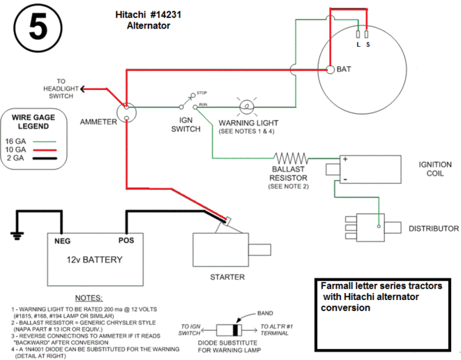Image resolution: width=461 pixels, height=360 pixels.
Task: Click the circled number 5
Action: pos(38,28)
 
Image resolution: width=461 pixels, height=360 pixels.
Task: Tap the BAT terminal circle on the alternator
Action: pos(331,70)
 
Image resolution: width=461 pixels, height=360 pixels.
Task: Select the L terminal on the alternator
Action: pos(358,34)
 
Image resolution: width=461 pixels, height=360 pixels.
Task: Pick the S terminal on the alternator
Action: pos(366,34)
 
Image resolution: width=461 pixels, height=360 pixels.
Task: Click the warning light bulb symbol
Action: pos(247,107)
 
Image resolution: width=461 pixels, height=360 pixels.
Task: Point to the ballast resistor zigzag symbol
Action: pos(291,158)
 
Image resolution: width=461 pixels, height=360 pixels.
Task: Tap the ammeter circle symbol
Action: pos(126,112)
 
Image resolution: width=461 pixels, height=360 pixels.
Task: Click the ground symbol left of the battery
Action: pos(17,236)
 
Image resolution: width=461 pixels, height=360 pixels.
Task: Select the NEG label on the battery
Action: pos(62,241)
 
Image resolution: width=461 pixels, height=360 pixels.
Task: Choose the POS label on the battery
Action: pos(126,241)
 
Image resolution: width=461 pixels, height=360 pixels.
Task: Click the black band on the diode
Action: pos(235,330)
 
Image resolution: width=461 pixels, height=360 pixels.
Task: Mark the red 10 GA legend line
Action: pos(45,150)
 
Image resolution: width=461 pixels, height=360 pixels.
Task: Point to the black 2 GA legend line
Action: pos(45,158)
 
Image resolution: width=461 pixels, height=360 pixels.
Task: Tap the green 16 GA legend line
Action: pos(44,142)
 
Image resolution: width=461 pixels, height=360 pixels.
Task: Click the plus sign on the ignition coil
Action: pos(345,159)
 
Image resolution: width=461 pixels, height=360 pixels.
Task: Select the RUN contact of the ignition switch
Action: pos(195,107)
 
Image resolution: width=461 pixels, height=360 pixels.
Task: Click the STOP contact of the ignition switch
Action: pos(193,95)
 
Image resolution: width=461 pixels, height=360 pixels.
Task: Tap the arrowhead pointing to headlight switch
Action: pos(82,89)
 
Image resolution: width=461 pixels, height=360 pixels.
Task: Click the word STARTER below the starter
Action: pos(227,277)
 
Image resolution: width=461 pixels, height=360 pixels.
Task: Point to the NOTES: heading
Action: pos(89,298)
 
